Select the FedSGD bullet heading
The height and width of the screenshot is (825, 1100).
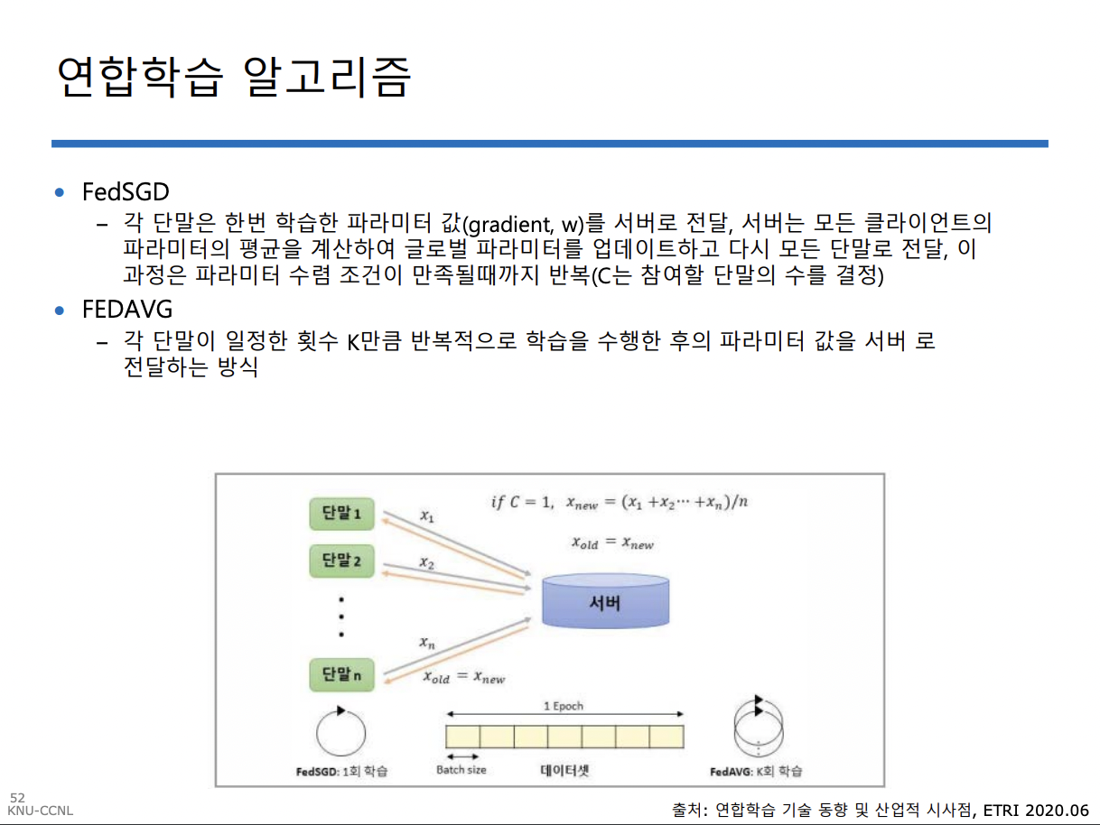point(126,192)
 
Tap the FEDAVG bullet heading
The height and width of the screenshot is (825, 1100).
point(127,310)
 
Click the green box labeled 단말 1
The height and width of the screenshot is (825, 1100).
point(342,514)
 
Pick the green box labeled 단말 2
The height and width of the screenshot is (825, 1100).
point(342,561)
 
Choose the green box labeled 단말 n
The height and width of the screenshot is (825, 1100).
point(342,673)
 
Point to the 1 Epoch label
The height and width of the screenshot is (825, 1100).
point(564,706)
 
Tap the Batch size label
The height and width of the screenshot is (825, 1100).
point(461,770)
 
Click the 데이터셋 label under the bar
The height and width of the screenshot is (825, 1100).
point(564,770)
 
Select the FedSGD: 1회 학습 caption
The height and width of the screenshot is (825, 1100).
point(341,772)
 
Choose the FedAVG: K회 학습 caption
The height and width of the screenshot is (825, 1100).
point(756,772)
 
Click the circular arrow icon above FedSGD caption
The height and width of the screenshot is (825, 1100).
point(340,731)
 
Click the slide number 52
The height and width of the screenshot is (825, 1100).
point(17,798)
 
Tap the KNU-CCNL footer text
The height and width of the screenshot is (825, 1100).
point(41,811)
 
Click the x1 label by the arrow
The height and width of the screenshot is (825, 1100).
point(427,516)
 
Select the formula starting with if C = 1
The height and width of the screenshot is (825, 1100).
point(619,503)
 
